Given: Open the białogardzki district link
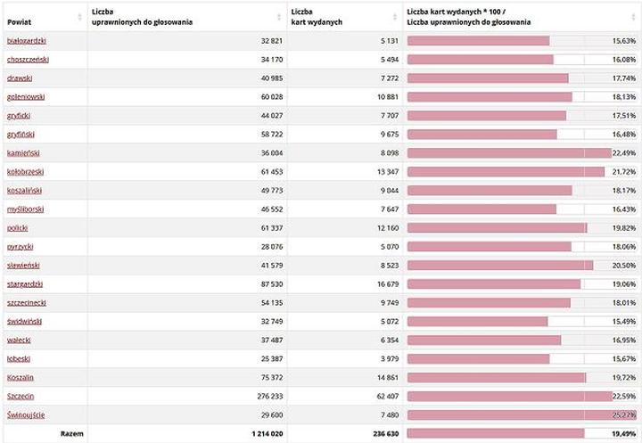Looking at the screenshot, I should pyautogui.click(x=27, y=41).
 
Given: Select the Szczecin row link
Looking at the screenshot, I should pyautogui.click(x=21, y=396).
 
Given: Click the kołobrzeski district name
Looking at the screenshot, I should pyautogui.click(x=25, y=172).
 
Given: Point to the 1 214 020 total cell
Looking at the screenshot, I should pyautogui.click(x=260, y=433).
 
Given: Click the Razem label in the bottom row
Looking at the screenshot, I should pyautogui.click(x=71, y=433).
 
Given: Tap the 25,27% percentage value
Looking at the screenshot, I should pyautogui.click(x=622, y=414).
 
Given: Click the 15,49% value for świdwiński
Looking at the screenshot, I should pyautogui.click(x=622, y=321).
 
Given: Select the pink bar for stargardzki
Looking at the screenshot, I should pyautogui.click(x=493, y=284).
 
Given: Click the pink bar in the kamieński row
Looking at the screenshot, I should pyautogui.click(x=508, y=153).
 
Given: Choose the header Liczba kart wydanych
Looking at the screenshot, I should pyautogui.click(x=316, y=16).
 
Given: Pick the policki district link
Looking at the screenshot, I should pyautogui.click(x=18, y=228).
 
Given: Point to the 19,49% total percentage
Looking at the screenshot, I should pyautogui.click(x=621, y=433).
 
